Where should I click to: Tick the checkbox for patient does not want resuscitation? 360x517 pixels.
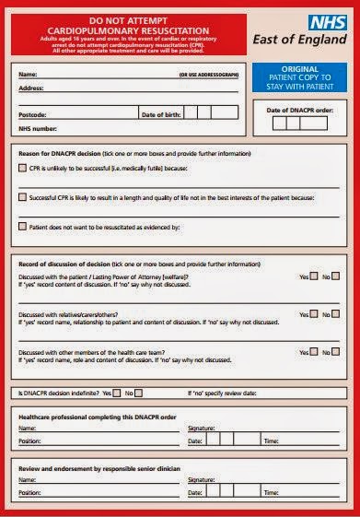click(23, 226)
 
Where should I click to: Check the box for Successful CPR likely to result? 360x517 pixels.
click(23, 197)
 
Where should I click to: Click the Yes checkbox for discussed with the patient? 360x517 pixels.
click(314, 276)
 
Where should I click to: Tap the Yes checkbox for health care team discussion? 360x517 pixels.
click(314, 352)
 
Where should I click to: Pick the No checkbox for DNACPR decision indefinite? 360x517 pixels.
click(139, 393)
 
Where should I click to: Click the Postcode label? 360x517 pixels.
click(33, 114)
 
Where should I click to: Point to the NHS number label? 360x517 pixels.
click(38, 129)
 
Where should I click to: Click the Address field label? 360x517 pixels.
click(31, 88)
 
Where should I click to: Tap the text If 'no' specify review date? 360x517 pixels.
click(222, 394)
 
